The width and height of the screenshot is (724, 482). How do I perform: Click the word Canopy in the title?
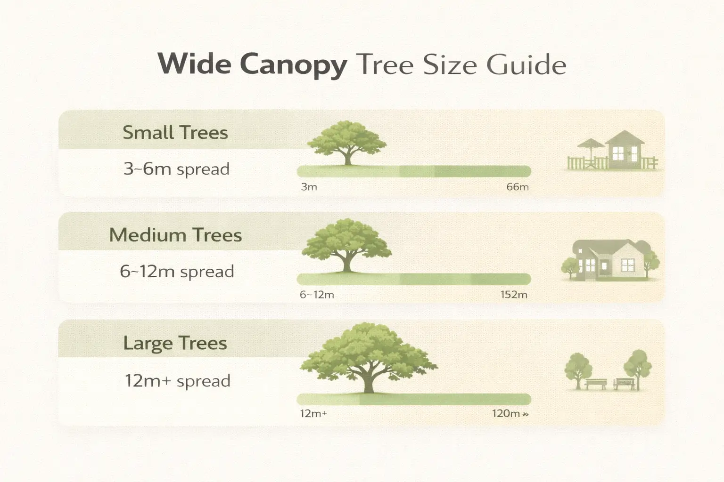(293, 64)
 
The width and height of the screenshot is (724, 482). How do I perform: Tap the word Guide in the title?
(526, 64)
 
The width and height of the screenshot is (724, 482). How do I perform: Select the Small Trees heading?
(175, 133)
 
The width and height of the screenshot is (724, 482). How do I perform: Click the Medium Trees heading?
(175, 235)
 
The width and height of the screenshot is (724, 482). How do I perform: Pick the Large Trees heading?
(175, 343)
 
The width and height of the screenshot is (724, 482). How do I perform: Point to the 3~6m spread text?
(176, 169)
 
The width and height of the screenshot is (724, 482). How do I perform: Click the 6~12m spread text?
(177, 271)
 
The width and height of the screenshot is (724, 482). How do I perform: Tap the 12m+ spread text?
(178, 380)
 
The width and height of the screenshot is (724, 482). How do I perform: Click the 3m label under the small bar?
(309, 187)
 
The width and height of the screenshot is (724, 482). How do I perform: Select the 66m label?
(517, 187)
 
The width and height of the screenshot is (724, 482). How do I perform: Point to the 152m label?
(514, 295)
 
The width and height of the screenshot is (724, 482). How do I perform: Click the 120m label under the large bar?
(506, 414)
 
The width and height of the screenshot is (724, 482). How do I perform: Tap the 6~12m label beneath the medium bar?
(317, 295)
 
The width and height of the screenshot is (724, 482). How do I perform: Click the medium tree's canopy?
(347, 242)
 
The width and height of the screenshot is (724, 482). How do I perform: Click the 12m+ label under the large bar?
(313, 414)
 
